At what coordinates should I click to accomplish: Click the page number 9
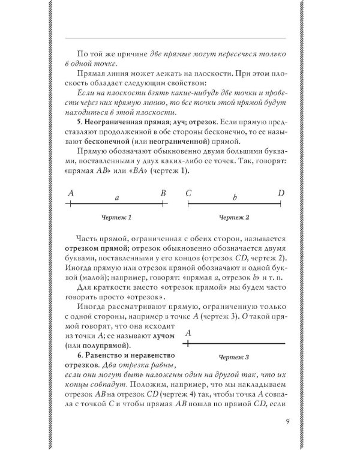tap(289, 421)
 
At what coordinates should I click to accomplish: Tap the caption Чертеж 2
tap(233, 217)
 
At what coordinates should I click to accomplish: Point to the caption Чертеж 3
tap(233, 357)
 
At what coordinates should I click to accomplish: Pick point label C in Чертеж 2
tap(188, 193)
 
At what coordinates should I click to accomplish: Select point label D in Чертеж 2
tap(281, 193)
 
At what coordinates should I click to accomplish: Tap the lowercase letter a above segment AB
tap(117, 196)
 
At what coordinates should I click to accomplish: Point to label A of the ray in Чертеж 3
tap(188, 333)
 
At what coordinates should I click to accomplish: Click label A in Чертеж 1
tap(71, 193)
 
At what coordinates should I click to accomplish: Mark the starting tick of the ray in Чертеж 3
tap(188, 344)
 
